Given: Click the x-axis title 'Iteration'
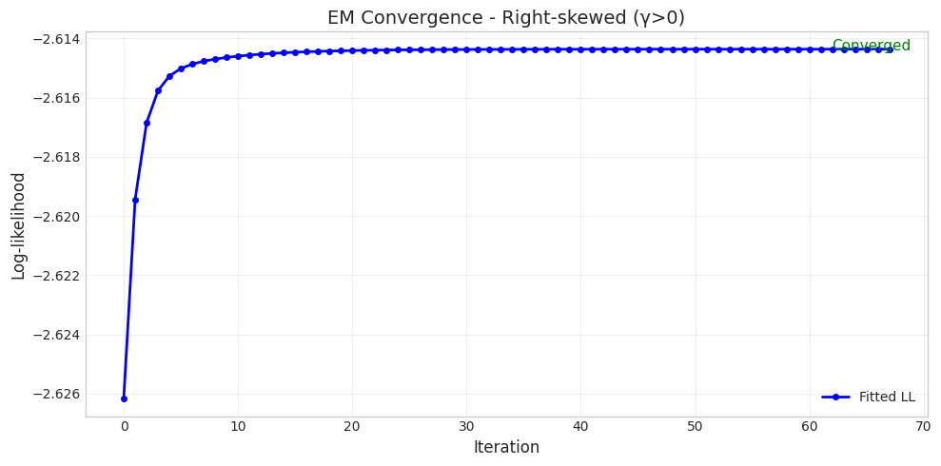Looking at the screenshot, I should [x=505, y=447].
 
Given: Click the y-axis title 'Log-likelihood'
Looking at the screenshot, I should [x=19, y=225].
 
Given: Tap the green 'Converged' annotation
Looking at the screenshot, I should [x=871, y=46].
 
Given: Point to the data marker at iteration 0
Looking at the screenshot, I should [x=124, y=398].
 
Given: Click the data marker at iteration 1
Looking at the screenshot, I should [x=135, y=200].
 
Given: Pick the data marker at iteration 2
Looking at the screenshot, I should [x=147, y=123].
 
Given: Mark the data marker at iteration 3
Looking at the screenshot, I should [x=158, y=90].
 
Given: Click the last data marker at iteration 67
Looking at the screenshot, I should [x=890, y=49].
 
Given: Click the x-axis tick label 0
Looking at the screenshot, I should [x=124, y=427].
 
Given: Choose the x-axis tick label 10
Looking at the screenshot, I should [x=238, y=427].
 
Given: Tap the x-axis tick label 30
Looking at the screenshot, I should [x=466, y=427].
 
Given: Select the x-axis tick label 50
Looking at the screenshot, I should [x=695, y=427].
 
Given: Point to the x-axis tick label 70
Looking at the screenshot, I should [x=923, y=427].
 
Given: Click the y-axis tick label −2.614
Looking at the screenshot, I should [x=56, y=39].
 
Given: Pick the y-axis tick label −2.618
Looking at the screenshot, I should [x=56, y=157].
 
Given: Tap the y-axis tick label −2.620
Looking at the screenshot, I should [x=56, y=216].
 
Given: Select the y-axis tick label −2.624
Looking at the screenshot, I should [x=56, y=335].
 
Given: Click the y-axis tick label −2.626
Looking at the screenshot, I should [x=56, y=394].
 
